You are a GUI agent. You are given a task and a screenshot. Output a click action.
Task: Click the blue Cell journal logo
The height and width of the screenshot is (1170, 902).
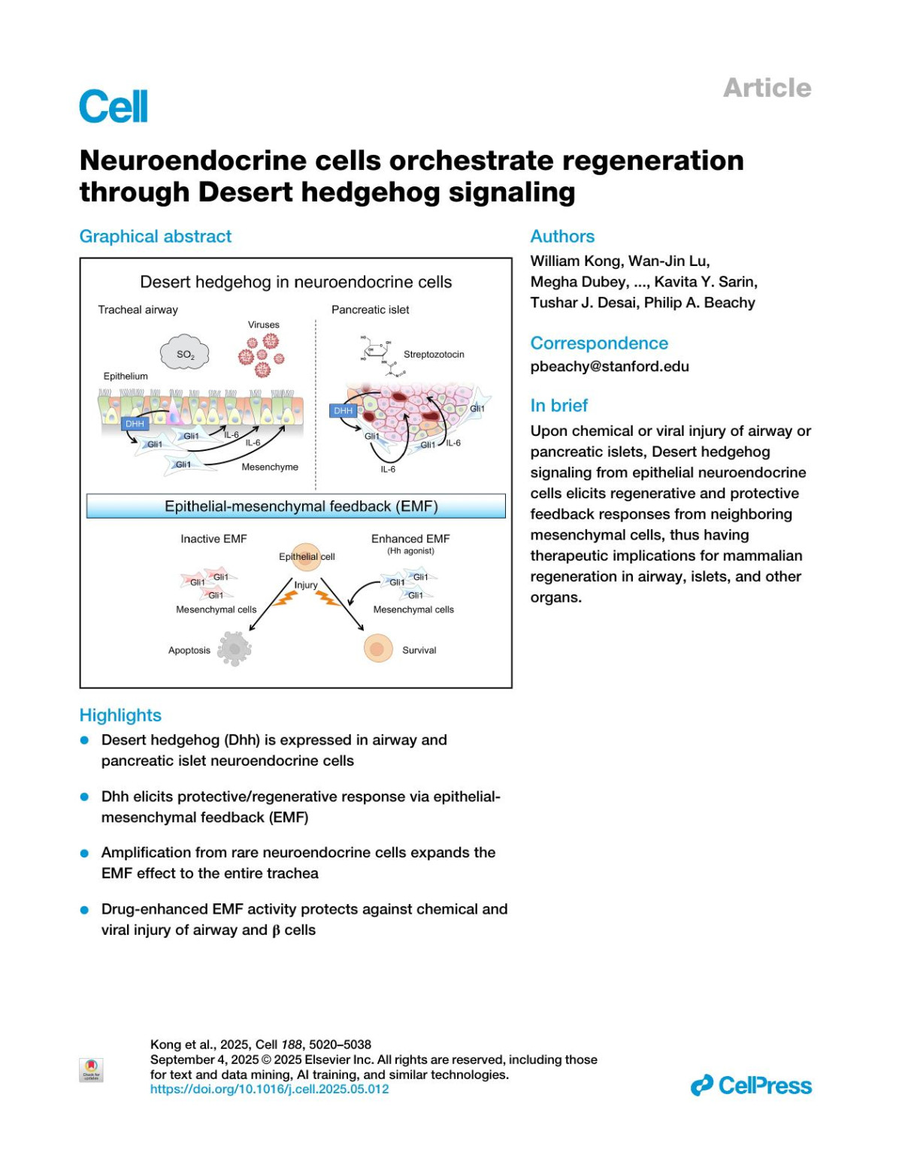[x=114, y=107]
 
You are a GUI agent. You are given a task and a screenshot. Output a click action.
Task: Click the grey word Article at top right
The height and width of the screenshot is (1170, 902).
[x=767, y=88]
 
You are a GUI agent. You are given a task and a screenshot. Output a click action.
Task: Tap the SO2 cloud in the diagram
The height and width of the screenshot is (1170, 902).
[x=185, y=355]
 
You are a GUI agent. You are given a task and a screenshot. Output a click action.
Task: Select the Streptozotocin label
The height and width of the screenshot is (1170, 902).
[x=434, y=354]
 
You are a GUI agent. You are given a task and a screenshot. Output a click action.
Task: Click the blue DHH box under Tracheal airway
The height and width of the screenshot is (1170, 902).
[x=135, y=424]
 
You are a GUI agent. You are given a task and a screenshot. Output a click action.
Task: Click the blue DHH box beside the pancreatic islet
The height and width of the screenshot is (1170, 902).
[x=343, y=410]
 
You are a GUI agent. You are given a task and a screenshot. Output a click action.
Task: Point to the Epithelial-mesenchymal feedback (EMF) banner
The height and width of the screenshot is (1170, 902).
[x=296, y=506]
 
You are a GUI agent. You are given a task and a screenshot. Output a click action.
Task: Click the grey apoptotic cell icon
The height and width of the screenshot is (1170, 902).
[x=234, y=648]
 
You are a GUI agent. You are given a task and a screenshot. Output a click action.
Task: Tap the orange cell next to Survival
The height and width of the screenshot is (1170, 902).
[x=378, y=648]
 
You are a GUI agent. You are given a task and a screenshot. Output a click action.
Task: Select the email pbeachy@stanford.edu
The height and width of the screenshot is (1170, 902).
[x=609, y=367]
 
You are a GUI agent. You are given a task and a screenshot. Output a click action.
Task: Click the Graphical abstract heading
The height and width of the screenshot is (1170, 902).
[x=156, y=236]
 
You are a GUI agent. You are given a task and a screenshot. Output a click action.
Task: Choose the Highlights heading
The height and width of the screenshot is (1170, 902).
[x=120, y=715]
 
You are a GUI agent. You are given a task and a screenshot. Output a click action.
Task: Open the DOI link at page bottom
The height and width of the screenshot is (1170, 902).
[x=269, y=1089]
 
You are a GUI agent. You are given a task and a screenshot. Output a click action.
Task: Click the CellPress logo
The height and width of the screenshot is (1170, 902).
[x=751, y=1085]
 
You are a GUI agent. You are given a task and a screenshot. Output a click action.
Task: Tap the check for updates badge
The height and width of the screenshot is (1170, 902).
[x=91, y=1069]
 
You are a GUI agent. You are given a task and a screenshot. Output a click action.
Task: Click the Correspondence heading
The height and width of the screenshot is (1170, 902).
[x=598, y=343]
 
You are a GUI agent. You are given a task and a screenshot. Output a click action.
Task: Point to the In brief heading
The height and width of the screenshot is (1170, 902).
[x=558, y=405]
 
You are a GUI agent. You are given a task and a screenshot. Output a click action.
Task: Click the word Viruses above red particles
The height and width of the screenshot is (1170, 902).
[x=263, y=325]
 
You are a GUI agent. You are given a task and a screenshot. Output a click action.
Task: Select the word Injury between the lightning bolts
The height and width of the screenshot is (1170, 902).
[x=305, y=585]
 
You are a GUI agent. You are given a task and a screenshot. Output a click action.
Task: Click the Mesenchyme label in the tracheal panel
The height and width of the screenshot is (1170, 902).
[x=269, y=467]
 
